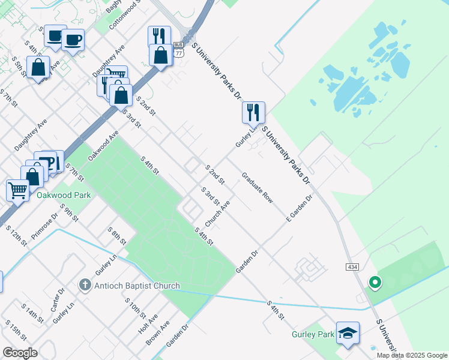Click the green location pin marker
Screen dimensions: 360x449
tap(375, 281)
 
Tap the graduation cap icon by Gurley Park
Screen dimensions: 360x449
tap(348, 332)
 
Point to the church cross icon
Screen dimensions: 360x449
tap(86, 286)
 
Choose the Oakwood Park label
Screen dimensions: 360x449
tap(63, 196)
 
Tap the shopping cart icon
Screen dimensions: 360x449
tap(17, 190)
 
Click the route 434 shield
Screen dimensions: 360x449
tap(352, 266)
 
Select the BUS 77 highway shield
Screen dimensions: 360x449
tap(178, 49)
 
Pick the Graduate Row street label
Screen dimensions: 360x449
tap(257, 188)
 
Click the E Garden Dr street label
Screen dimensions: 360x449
tap(300, 207)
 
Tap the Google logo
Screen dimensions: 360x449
tap(20, 353)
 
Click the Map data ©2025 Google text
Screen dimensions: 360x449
tap(411, 355)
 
